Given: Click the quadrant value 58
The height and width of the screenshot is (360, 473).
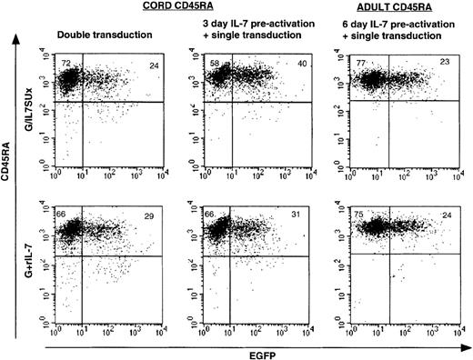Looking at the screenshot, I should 212,62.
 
